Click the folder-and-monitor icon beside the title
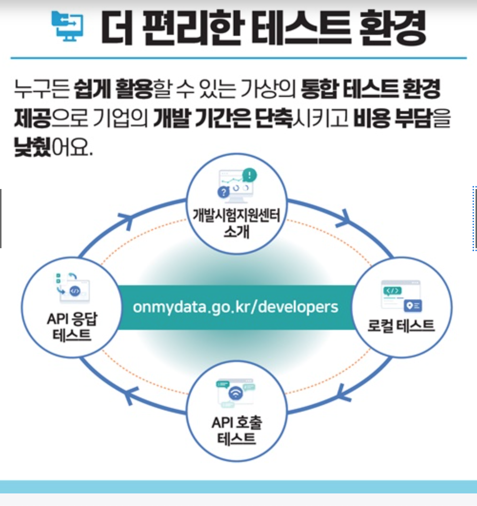coord(67,26)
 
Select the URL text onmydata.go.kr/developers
coord(236,307)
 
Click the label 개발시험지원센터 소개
coord(236,223)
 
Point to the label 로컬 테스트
coord(401,326)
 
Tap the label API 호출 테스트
coord(237,430)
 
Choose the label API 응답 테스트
coord(72,327)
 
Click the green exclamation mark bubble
coord(250,175)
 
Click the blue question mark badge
coord(223,192)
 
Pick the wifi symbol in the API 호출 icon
coord(236,393)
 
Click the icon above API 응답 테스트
coord(73,286)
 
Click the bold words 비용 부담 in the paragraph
coord(393,118)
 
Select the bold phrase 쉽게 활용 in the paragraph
coord(113,89)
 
